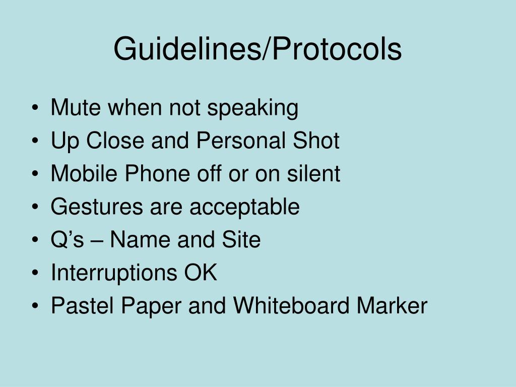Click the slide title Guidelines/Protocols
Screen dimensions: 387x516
(257, 49)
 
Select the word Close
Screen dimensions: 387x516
(115, 141)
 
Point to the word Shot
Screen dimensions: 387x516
(318, 141)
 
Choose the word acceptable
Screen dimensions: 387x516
(244, 207)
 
